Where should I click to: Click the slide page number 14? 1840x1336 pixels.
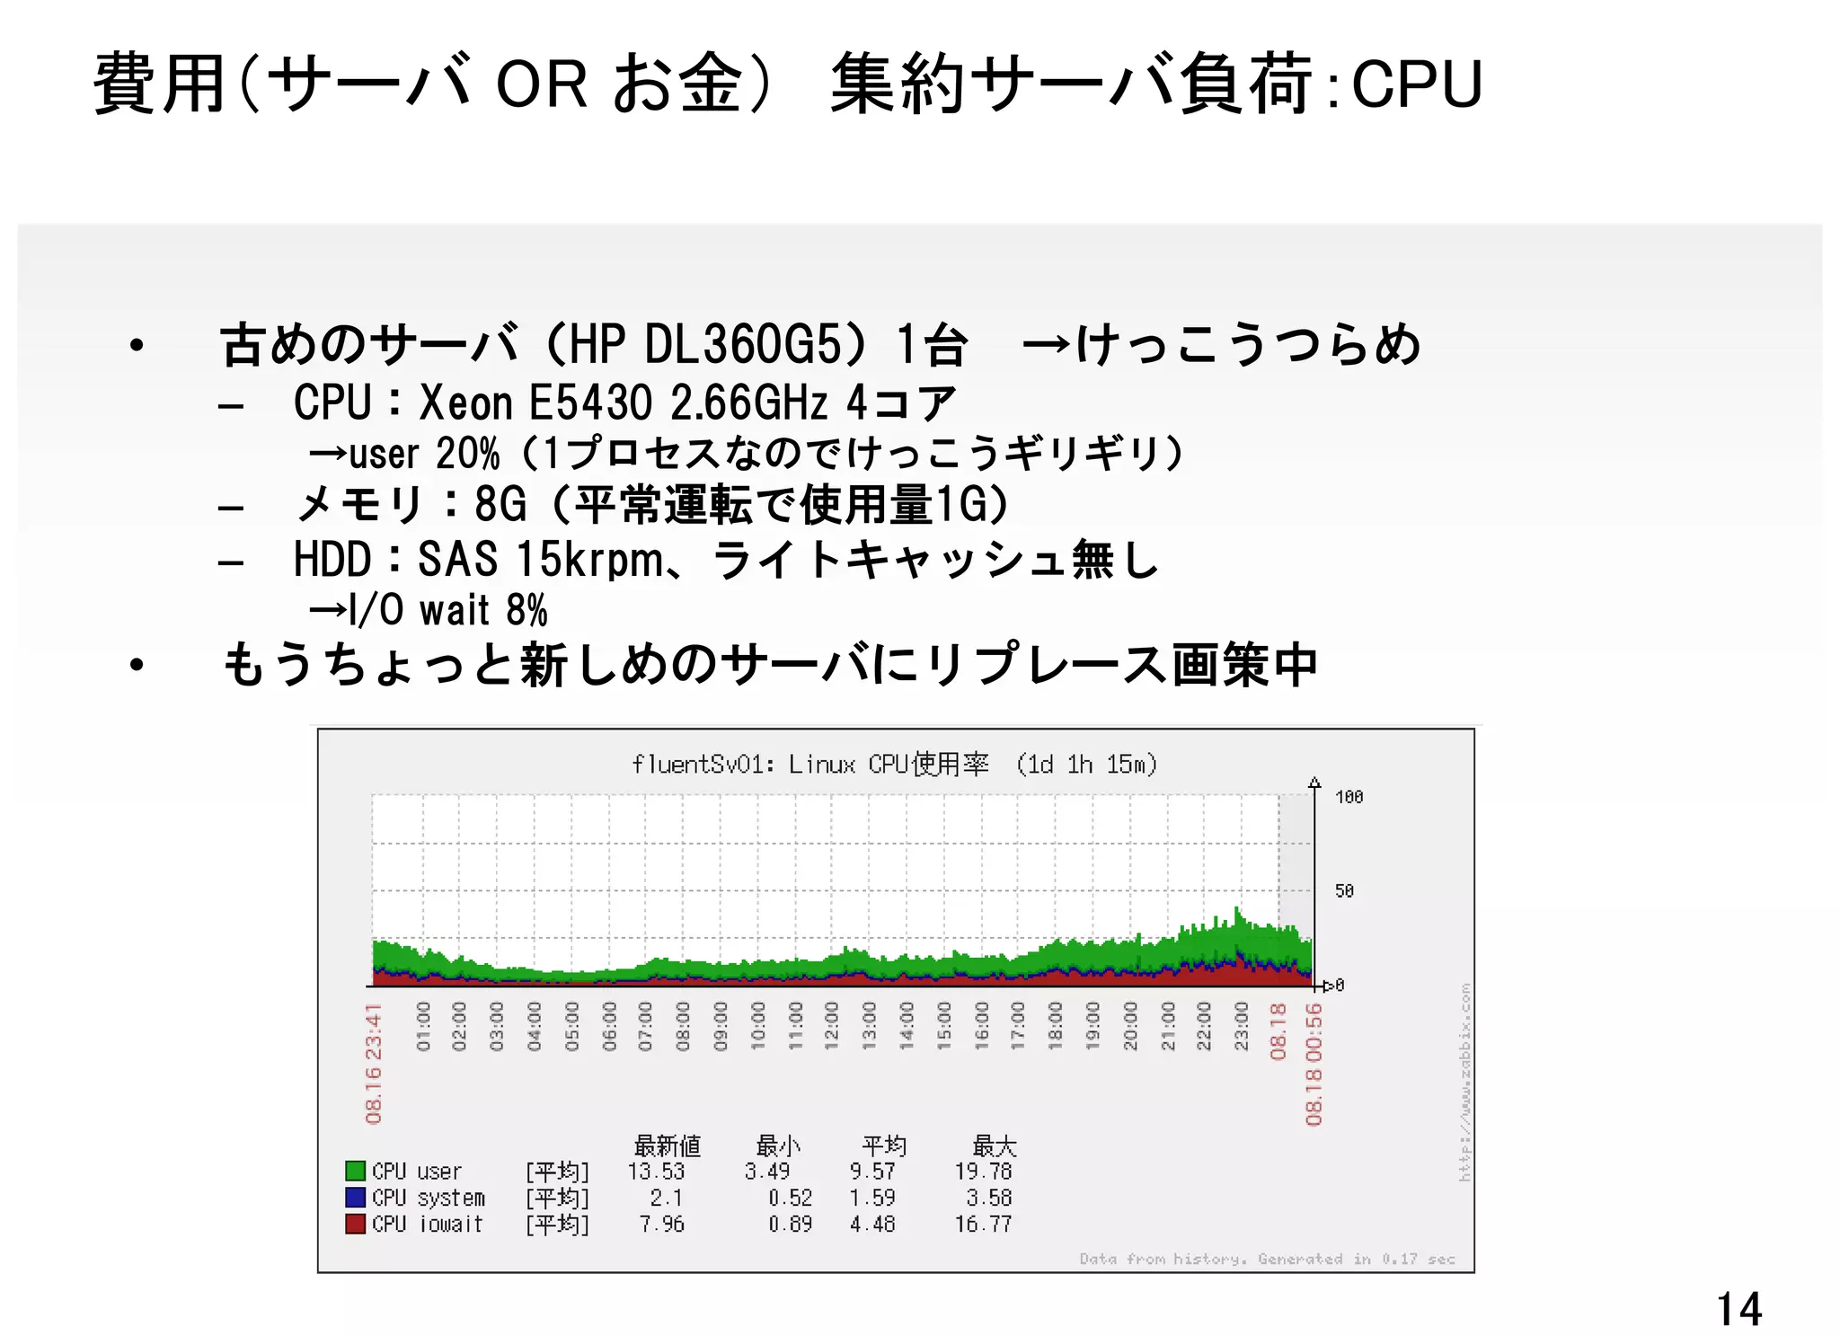1738,1309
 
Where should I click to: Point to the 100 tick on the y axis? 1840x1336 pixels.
1349,797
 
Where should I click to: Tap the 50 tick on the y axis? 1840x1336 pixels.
1344,890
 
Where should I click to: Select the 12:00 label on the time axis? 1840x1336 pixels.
832,1026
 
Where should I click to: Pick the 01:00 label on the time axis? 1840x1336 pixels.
424,1026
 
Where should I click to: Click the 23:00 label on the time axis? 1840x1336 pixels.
1242,1026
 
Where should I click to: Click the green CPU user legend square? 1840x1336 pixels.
356,1171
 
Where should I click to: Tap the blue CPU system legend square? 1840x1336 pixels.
356,1198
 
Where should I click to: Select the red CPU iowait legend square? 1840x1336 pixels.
356,1224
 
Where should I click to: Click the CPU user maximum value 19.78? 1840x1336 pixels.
983,1172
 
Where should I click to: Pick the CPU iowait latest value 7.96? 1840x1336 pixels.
662,1225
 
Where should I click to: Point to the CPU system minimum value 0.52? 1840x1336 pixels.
790,1199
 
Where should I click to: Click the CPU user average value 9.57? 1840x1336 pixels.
872,1172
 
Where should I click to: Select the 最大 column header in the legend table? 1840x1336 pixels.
994,1146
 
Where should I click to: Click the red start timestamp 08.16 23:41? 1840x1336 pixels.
374,1064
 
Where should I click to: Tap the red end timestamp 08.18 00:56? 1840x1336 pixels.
1314,1065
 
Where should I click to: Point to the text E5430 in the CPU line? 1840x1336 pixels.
589,403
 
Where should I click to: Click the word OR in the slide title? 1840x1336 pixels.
542,84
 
